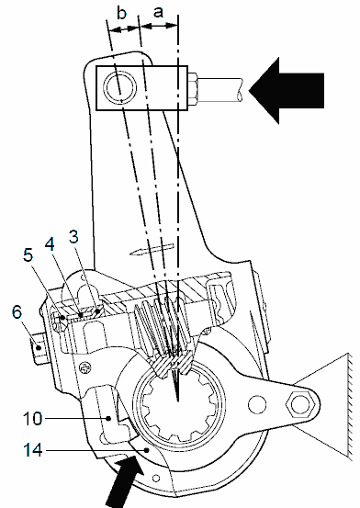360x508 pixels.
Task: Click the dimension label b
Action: (x=121, y=13)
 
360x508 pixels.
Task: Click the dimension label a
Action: (x=158, y=12)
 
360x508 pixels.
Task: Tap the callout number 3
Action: (x=73, y=237)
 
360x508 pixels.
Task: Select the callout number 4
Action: (x=50, y=244)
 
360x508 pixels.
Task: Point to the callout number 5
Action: (x=28, y=255)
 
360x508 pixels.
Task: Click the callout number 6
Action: (x=17, y=312)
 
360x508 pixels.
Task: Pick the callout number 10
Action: (x=33, y=419)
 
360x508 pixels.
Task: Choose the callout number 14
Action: (x=33, y=450)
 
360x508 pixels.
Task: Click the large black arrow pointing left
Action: (x=287, y=91)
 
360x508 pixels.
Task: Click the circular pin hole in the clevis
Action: (x=119, y=87)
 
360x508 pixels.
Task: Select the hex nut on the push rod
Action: (x=193, y=89)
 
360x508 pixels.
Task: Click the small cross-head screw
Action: (x=86, y=367)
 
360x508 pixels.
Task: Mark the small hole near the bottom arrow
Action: (x=156, y=478)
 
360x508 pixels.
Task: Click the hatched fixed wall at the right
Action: (x=350, y=405)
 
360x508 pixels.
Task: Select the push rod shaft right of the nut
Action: (x=220, y=89)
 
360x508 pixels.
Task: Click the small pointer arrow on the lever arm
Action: (x=152, y=249)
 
